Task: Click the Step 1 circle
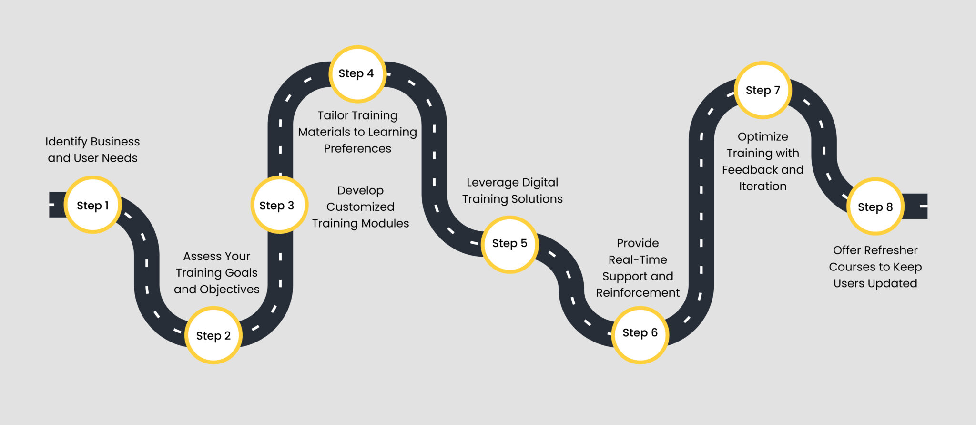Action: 93,205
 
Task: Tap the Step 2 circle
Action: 213,335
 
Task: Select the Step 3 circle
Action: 279,205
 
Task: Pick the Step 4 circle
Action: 357,74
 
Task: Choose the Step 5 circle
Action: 509,244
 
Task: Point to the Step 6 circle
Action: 640,333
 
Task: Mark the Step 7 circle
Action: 762,90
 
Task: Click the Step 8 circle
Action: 875,207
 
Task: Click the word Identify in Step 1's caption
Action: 66,142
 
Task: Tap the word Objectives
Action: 229,289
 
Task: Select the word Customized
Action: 360,207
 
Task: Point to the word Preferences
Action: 357,149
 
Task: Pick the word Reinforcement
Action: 638,293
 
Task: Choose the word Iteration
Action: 762,187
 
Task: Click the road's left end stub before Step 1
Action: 57,205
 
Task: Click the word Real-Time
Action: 638,260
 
